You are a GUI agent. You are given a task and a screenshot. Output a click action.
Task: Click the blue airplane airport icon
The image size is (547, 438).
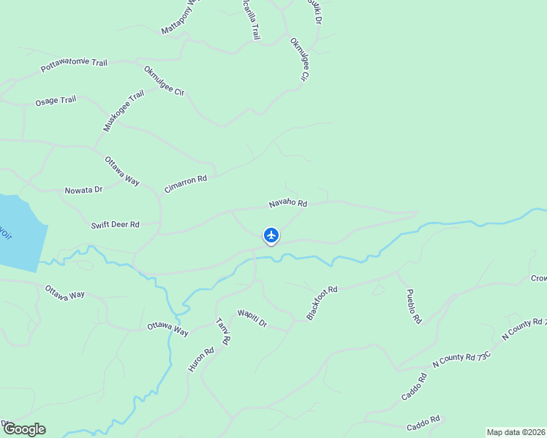(x=271, y=235)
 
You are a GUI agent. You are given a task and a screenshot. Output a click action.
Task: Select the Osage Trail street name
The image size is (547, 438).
(x=56, y=101)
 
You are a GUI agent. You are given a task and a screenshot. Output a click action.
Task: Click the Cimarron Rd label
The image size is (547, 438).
(x=186, y=183)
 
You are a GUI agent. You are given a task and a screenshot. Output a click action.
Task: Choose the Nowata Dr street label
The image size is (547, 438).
(x=83, y=190)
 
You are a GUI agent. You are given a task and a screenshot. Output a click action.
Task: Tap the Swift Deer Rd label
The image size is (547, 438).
(x=115, y=225)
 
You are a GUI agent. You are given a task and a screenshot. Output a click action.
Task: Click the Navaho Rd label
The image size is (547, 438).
(x=287, y=203)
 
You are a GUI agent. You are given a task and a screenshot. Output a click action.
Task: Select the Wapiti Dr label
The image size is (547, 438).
(x=252, y=318)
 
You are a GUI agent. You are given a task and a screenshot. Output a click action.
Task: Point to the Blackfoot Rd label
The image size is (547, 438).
(x=321, y=303)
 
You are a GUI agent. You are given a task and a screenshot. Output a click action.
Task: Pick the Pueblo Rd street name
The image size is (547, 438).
(x=414, y=306)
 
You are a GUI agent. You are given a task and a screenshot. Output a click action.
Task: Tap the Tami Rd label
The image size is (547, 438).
(x=224, y=331)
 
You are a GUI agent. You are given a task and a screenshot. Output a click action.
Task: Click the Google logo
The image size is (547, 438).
(x=23, y=429)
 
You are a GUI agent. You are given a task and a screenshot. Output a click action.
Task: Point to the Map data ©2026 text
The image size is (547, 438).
(x=516, y=432)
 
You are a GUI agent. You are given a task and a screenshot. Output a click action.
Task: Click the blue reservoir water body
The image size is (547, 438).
(x=18, y=234)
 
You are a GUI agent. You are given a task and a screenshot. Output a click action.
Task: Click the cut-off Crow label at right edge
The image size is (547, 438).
(x=538, y=279)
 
